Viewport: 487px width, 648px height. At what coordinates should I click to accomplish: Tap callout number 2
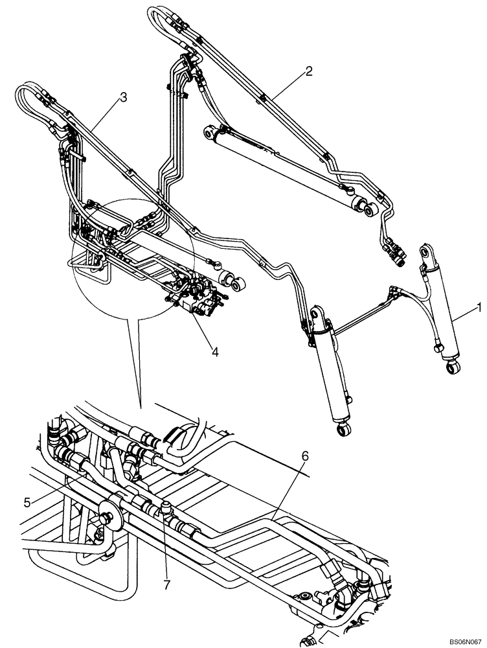click(309, 71)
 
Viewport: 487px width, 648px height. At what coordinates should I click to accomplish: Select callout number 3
click(122, 97)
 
